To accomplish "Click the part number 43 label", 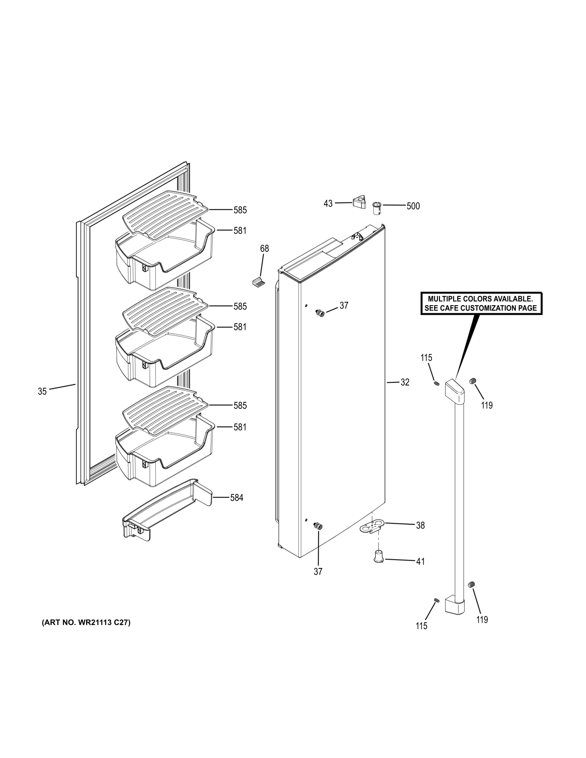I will (x=328, y=203).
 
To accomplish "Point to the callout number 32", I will (x=405, y=382).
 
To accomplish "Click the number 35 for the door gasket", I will (x=42, y=391).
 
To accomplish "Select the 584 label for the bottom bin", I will (x=237, y=498).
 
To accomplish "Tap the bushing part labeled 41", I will (x=378, y=557).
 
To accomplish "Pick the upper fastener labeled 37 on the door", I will (x=319, y=314).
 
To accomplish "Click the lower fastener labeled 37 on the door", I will (x=317, y=525).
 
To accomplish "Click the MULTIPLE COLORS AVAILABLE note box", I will (x=481, y=303).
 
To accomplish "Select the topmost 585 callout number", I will (x=240, y=210).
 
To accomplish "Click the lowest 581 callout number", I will (x=240, y=427).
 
